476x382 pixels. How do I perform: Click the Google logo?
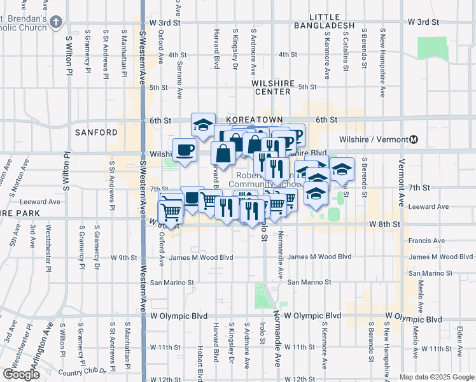tap(21, 374)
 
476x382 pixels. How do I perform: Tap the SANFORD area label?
tap(96, 132)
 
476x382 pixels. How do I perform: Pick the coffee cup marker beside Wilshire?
tap(185, 150)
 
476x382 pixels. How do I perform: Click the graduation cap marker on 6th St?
tap(203, 125)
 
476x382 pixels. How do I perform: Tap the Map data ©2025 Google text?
tap(436, 377)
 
